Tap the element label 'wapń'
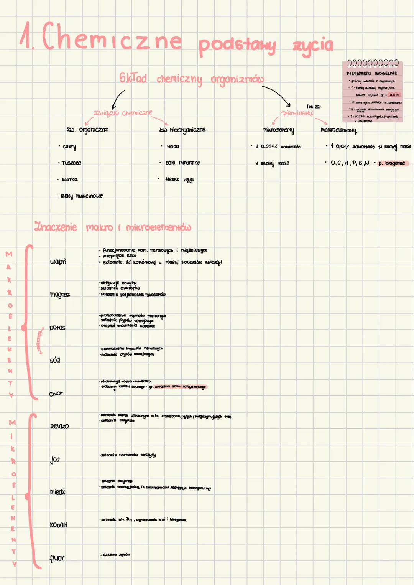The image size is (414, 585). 58,262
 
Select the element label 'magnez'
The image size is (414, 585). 60,295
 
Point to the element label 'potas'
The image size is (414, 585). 58,328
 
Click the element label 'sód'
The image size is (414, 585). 55,360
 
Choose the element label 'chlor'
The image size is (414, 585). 56,394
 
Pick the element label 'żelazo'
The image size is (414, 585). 59,426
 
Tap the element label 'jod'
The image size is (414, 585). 55,459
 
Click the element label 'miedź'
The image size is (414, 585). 58,492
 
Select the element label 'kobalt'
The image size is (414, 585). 58,525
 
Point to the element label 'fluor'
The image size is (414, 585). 57,558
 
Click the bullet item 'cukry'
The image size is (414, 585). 69,147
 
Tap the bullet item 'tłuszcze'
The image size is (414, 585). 71,163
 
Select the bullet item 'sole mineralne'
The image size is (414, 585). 182,163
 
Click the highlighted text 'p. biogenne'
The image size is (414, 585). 392,163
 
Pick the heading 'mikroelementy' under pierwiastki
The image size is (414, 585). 279,130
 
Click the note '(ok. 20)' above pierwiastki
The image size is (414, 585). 314,106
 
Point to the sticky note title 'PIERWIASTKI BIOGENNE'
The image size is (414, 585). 371,73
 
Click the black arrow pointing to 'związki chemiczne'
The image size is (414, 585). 118,99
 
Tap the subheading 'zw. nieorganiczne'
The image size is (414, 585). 183,130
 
